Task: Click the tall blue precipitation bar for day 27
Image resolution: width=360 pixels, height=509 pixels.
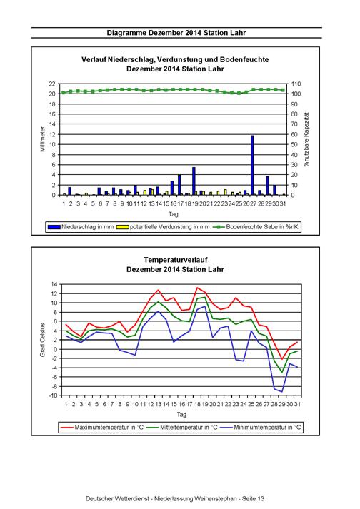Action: click(252, 165)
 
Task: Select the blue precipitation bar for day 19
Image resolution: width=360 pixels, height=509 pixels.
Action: click(194, 181)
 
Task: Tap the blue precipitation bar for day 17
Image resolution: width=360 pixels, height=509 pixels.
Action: click(179, 185)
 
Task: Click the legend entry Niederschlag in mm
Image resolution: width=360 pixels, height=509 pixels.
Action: click(81, 227)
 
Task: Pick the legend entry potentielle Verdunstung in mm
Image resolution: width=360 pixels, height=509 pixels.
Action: click(163, 227)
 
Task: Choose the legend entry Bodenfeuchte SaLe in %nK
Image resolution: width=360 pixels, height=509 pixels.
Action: click(256, 227)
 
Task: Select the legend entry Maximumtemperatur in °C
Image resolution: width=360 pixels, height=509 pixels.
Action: click(101, 427)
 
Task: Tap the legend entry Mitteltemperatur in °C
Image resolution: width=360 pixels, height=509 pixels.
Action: click(181, 427)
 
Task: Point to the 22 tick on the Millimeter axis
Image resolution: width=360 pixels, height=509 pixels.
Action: click(52, 84)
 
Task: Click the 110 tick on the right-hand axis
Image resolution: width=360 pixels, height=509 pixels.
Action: click(296, 84)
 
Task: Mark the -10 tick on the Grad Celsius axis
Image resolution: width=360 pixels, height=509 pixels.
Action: click(54, 395)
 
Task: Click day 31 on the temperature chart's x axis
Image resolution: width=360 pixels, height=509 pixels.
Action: click(297, 404)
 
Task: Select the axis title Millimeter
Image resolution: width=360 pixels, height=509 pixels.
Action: click(43, 139)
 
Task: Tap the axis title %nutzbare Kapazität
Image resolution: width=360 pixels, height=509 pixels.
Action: click(306, 140)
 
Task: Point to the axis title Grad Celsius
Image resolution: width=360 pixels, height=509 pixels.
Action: click(43, 340)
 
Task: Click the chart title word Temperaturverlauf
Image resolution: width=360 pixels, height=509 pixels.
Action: click(176, 260)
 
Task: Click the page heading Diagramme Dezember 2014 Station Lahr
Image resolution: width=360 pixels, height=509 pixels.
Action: click(176, 33)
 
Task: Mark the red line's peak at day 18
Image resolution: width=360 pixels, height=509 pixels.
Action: click(197, 288)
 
